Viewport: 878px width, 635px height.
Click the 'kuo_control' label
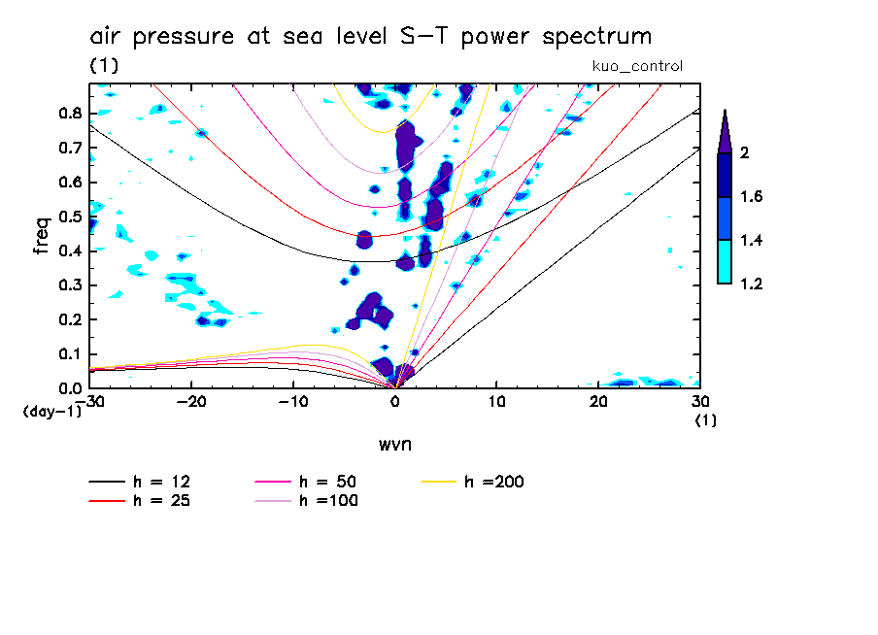pyautogui.click(x=637, y=66)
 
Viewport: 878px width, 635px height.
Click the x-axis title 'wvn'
pyautogui.click(x=394, y=444)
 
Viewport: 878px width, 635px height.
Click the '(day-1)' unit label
pyautogui.click(x=51, y=412)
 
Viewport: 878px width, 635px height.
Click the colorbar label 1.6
pyautogui.click(x=752, y=197)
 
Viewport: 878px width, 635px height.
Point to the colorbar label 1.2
pyautogui.click(x=752, y=284)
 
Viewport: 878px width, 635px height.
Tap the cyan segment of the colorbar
pyautogui.click(x=724, y=262)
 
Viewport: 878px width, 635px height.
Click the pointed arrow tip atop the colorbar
pyautogui.click(x=724, y=121)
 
